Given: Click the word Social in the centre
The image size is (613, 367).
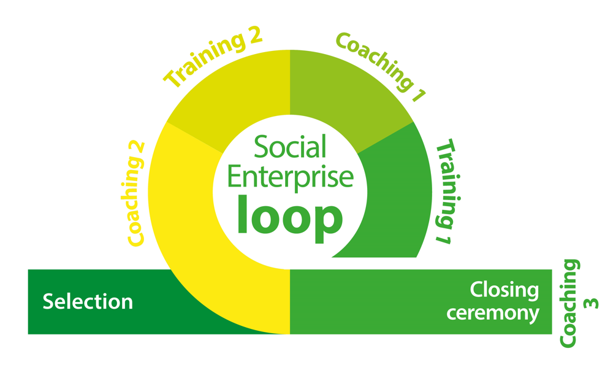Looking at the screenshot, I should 290,149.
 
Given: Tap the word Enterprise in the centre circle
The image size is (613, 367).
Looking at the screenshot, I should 290,176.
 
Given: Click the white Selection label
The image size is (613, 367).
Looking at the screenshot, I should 88,302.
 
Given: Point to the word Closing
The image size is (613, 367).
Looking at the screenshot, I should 504,290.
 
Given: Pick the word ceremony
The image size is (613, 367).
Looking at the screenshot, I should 493,313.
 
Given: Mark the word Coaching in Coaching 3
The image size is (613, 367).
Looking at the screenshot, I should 570,304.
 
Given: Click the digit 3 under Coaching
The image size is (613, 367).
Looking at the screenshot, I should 593,303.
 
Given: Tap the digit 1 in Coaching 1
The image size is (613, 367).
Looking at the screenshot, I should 418,95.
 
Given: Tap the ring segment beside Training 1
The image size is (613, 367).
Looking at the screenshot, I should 392,196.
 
